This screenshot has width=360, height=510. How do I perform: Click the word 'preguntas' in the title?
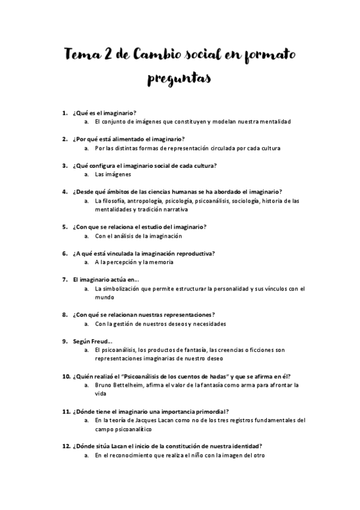tap(180, 79)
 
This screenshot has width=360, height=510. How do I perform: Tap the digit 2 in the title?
tap(111, 55)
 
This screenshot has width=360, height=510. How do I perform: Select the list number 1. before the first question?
tap(65, 112)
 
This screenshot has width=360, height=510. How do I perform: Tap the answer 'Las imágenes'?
tap(113, 174)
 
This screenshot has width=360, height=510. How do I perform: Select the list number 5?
tap(65, 227)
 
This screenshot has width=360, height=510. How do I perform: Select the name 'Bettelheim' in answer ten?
tap(138, 385)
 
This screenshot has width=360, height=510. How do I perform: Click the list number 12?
tap(66, 446)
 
